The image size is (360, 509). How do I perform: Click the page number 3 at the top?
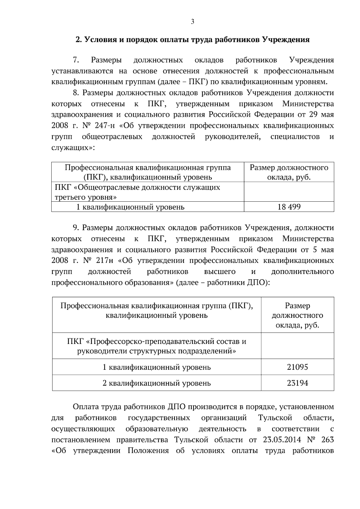point(192,22)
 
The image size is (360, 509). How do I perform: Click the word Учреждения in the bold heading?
point(286,40)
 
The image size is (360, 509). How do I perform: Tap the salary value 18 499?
point(289,207)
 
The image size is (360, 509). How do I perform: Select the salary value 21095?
point(297,367)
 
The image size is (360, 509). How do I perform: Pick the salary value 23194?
point(297,383)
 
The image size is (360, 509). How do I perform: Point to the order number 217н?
point(104,261)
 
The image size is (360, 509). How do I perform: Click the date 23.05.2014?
point(282,440)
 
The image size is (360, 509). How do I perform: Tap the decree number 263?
point(327,440)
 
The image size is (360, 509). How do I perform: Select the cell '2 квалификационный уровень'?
point(157,383)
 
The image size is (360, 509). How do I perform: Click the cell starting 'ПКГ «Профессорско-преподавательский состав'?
point(157,346)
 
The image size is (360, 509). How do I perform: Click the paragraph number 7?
point(76,60)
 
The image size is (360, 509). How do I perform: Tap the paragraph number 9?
point(76,228)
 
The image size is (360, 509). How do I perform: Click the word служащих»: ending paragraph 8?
point(73,148)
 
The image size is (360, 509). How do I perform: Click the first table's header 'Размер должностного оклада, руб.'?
point(289,172)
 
